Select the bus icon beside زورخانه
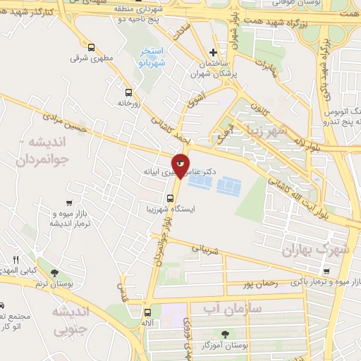(x=128, y=92)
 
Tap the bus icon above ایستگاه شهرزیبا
(x=170, y=197)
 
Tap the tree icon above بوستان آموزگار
(x=225, y=335)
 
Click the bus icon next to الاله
(x=147, y=312)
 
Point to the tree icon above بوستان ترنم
(x=54, y=272)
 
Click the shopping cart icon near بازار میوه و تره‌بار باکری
(x=326, y=271)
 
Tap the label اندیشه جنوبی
(x=71, y=319)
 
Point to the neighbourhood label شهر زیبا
(x=261, y=132)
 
